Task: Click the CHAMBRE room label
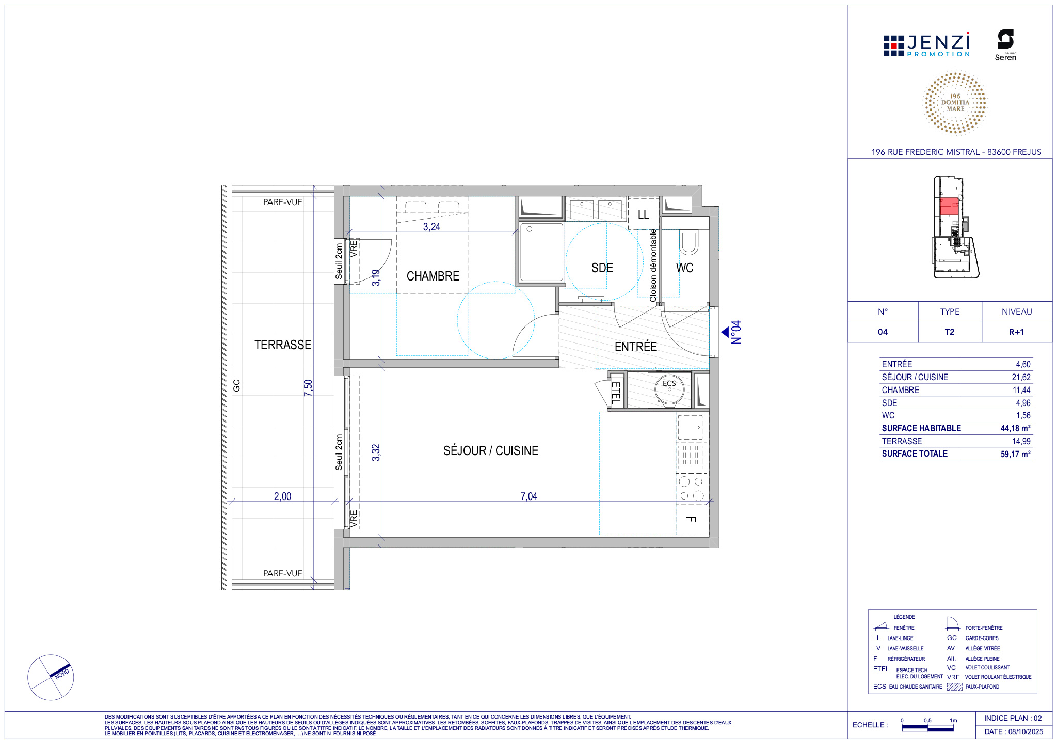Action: coord(433,276)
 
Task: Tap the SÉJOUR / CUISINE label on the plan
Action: coord(490,451)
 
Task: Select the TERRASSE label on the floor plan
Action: coord(283,345)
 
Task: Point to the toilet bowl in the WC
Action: coord(688,243)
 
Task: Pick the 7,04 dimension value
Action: coord(529,496)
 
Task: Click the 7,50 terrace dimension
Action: coord(308,388)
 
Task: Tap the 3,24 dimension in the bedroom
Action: coord(431,227)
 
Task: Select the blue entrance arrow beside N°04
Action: coord(725,332)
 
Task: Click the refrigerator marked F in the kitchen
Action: coord(692,519)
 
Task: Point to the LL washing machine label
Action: coord(643,215)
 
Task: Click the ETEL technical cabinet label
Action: coord(615,393)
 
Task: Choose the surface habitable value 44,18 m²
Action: coord(1015,428)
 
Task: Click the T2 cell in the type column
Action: coord(950,332)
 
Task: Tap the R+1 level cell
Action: coord(1016,332)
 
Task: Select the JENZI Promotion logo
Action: coord(926,45)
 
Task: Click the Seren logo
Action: coord(1005,45)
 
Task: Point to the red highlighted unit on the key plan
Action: coord(949,206)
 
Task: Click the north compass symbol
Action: coord(51,677)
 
